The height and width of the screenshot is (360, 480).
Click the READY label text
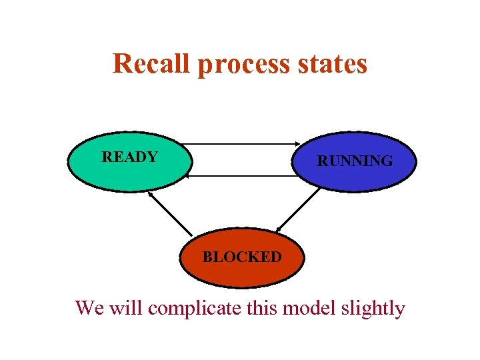[x=129, y=157]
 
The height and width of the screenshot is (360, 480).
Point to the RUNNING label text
[x=355, y=161]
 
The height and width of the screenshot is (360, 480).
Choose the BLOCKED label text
[x=242, y=257]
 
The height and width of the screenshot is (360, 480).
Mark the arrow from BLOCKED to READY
[x=170, y=213]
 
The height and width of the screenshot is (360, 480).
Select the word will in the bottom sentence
[x=125, y=309]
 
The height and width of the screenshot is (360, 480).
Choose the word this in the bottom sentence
[x=263, y=309]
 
